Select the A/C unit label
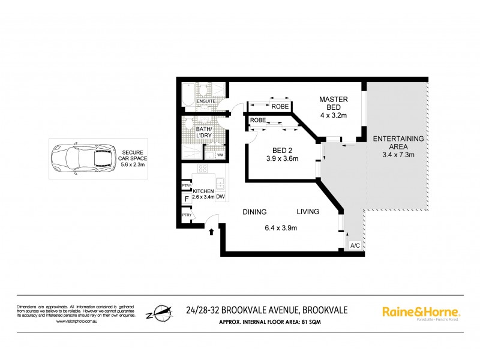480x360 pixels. pyautogui.click(x=355, y=245)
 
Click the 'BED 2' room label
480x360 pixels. pyautogui.click(x=278, y=154)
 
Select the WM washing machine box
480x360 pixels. pyautogui.click(x=220, y=155)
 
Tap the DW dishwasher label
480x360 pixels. pyautogui.click(x=220, y=196)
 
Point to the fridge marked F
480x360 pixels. pyautogui.click(x=187, y=198)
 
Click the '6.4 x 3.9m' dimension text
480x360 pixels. pyautogui.click(x=281, y=227)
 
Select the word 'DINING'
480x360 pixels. pyautogui.click(x=254, y=212)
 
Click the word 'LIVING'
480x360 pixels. pyautogui.click(x=308, y=212)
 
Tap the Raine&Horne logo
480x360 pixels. pyautogui.click(x=421, y=312)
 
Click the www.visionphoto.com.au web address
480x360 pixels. pyautogui.click(x=77, y=322)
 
